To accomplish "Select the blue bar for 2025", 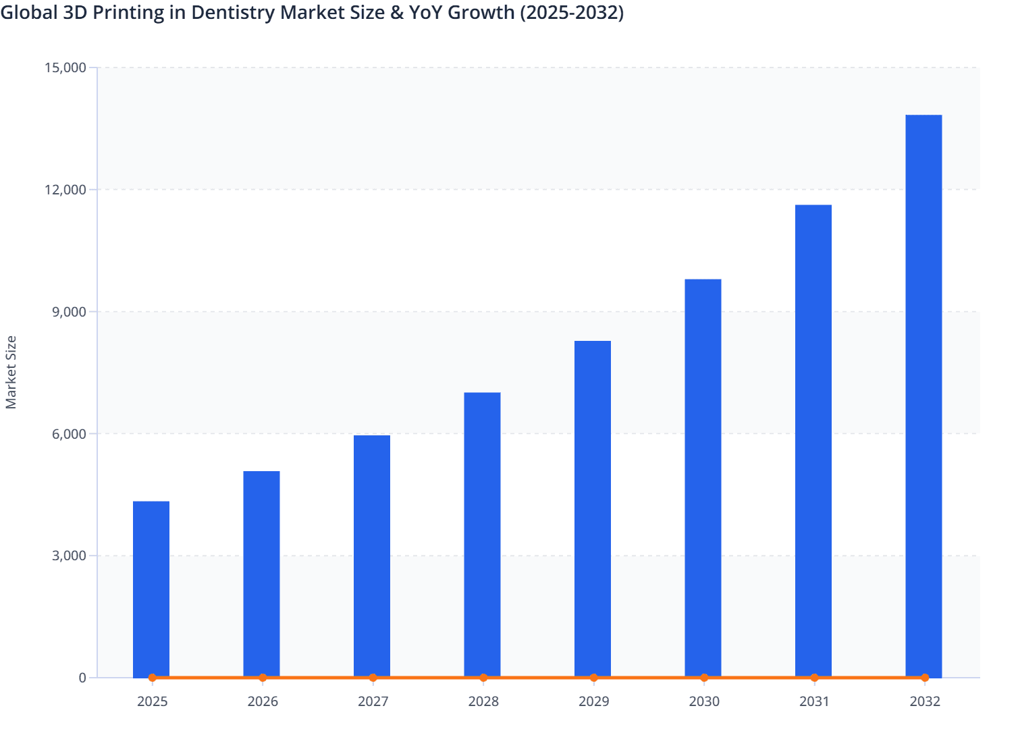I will [151, 589].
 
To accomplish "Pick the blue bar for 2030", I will [703, 477].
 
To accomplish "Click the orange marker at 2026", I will [263, 678].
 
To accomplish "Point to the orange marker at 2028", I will [483, 678].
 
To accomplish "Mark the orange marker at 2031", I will [814, 678].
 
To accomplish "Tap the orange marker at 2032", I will [925, 678].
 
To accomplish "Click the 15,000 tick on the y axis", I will [65, 67].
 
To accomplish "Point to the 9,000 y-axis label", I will [68, 312].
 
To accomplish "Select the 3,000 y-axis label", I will [68, 556].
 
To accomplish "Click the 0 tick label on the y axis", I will [82, 678].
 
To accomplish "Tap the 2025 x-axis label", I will [152, 701].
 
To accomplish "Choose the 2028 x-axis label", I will [483, 701].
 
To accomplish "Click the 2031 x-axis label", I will [814, 701].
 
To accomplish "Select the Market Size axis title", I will [11, 373].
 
